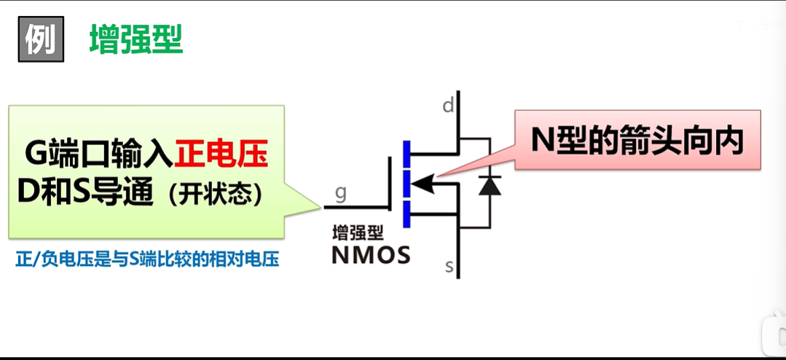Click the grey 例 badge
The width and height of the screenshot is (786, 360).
coord(40,39)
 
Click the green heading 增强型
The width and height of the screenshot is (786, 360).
coord(135,39)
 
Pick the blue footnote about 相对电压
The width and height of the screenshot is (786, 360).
coord(147,259)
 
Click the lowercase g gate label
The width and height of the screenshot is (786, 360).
coord(340,193)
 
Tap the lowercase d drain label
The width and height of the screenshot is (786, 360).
coord(448,106)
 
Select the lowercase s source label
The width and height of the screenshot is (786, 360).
coord(449,267)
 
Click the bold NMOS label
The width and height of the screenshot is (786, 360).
coord(370,255)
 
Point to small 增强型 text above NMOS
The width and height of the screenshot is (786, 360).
coord(358,234)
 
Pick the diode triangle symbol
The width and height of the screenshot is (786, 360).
coord(490,184)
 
